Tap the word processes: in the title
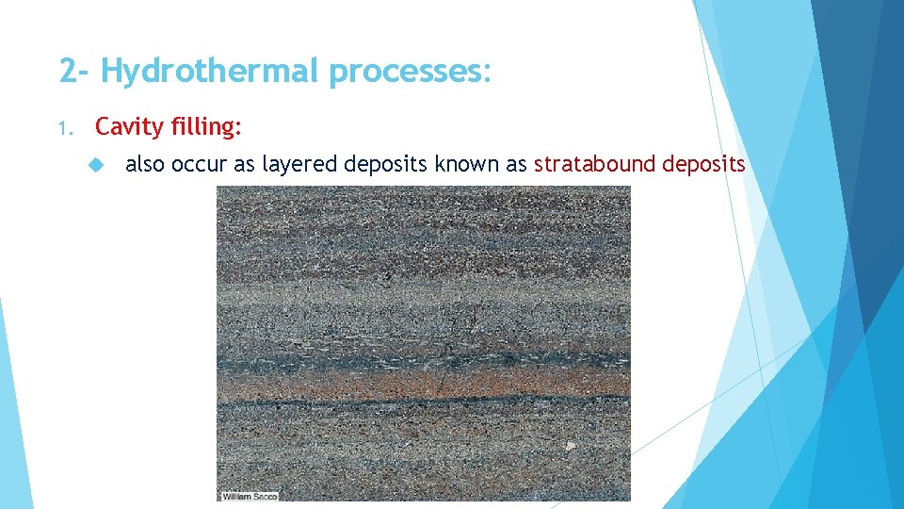pyautogui.click(x=410, y=71)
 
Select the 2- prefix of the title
pyautogui.click(x=75, y=71)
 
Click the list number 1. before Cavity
pyautogui.click(x=65, y=126)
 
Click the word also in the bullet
pyautogui.click(x=146, y=164)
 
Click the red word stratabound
pyautogui.click(x=594, y=164)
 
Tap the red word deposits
pyautogui.click(x=703, y=164)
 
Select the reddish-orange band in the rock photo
pyautogui.click(x=424, y=382)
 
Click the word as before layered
pyautogui.click(x=245, y=164)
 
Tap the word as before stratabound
pyautogui.click(x=516, y=164)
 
